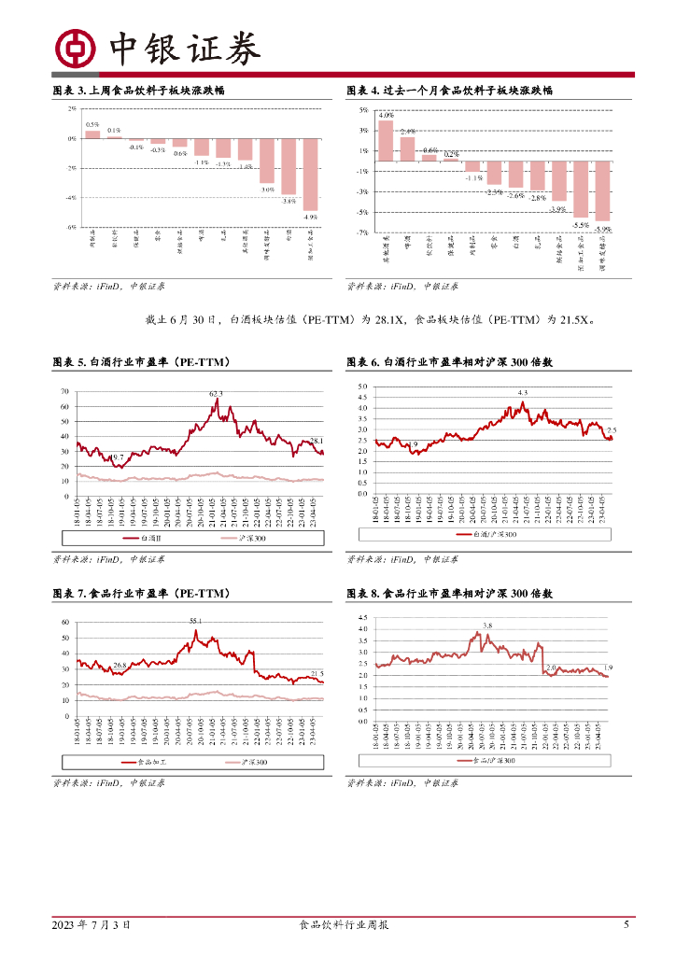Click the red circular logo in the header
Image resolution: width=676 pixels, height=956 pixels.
[x=74, y=49]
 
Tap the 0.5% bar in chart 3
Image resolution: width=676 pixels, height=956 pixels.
[x=92, y=134]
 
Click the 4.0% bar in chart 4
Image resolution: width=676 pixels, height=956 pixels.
[x=386, y=141]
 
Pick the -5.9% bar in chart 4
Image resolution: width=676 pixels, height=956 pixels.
[x=603, y=190]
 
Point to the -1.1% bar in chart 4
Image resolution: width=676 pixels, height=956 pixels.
[x=472, y=166]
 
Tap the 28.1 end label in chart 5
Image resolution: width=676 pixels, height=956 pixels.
[x=317, y=441]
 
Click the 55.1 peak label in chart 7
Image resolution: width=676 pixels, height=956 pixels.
[x=196, y=621]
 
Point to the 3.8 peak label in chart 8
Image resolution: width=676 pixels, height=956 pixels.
[x=487, y=625]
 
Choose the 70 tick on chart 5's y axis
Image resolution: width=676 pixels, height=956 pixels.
[x=63, y=392]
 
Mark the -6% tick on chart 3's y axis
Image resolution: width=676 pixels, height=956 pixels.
[x=71, y=227]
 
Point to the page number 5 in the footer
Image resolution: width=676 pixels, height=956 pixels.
[x=627, y=924]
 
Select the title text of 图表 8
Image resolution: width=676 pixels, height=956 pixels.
[x=450, y=594]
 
